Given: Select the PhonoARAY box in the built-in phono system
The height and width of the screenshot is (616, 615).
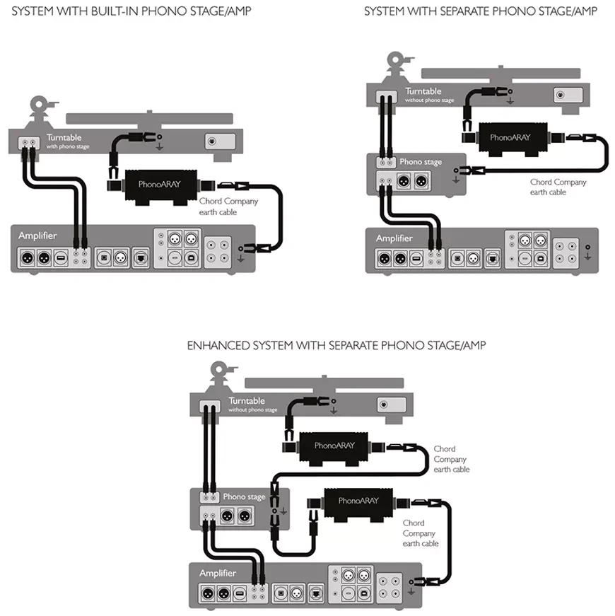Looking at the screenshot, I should [162, 185].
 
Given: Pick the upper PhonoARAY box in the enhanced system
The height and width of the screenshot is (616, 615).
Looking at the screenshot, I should [334, 446].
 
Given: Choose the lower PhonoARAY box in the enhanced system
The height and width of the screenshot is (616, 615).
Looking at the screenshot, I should [358, 501].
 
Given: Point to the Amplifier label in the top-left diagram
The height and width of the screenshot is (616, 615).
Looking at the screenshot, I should [37, 236].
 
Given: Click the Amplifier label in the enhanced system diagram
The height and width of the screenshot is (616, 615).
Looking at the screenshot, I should [217, 573].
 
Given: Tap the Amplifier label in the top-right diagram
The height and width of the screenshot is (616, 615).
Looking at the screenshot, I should [394, 238].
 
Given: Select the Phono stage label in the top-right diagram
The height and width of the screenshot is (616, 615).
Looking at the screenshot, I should [421, 162].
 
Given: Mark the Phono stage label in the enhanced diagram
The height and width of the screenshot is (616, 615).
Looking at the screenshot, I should [244, 496].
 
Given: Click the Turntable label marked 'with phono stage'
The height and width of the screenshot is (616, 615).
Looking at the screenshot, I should [64, 137].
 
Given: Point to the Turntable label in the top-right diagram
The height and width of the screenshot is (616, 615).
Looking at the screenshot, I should [423, 91].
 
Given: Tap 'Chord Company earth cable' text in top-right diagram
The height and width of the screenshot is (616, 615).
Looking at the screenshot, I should [558, 187].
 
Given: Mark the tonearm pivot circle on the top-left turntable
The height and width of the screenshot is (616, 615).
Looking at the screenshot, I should [39, 110].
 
